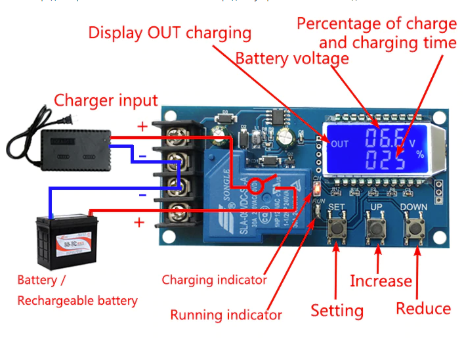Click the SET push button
coord(337,229)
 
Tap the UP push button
coord(375,229)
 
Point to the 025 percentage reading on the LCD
coord(380,160)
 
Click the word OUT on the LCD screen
coord(340,144)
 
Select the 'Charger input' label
coord(106,101)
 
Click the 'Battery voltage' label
coord(292,58)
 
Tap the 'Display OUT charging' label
coord(170,32)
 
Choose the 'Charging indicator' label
coord(215,280)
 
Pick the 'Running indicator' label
coord(226,315)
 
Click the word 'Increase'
coord(381,281)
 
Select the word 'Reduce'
coord(423,309)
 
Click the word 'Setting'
coord(337,310)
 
